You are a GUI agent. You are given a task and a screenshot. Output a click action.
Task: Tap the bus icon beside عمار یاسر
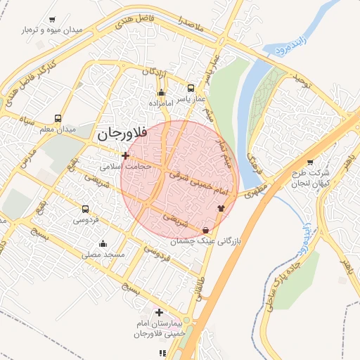coord(191,89)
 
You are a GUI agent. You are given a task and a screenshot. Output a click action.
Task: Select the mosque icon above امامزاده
coord(162,92)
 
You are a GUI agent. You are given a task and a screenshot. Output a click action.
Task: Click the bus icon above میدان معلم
coord(57,119)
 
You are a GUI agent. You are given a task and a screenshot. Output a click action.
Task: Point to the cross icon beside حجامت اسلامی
coord(125,155)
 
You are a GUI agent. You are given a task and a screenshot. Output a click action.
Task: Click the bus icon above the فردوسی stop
coord(85,209)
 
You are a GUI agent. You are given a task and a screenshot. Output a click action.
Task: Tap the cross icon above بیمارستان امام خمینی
coord(160,311)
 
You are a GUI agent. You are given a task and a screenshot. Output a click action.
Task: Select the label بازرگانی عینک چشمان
coord(205,241)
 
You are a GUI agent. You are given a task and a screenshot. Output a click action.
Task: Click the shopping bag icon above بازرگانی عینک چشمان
coord(205,230)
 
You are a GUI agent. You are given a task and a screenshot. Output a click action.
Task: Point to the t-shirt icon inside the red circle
coord(221,208)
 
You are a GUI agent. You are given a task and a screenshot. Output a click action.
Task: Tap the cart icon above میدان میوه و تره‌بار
coord(53,20)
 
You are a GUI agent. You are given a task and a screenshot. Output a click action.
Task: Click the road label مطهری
coord(252,191)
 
